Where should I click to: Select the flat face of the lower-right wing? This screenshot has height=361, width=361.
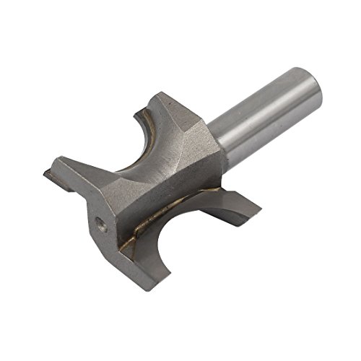231,209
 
